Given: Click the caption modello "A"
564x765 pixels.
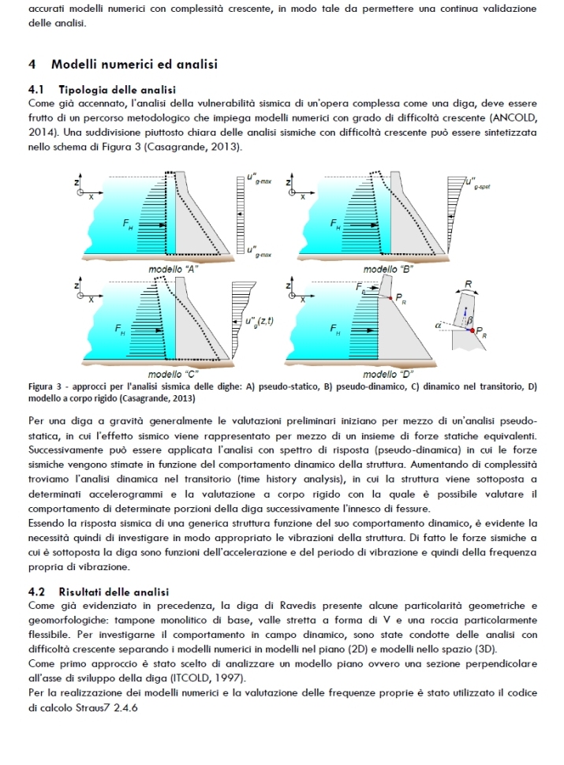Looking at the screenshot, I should click(173, 269).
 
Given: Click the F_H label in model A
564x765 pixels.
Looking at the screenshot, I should click(128, 225).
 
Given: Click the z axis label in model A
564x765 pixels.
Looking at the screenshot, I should click(77, 181).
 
